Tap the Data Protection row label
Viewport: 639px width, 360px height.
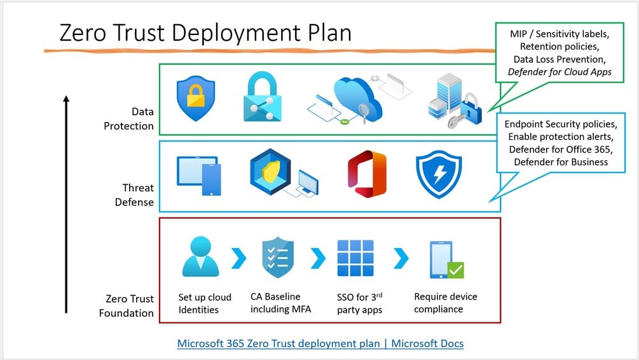click(x=129, y=119)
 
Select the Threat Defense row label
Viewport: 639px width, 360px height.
click(x=138, y=195)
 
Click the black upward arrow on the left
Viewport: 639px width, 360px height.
click(x=66, y=204)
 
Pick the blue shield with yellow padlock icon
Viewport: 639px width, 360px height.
click(x=195, y=99)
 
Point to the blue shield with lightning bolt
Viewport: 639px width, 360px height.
click(x=439, y=174)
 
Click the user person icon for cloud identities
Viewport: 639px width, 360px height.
click(x=200, y=257)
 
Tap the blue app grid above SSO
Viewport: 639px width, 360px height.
click(x=355, y=258)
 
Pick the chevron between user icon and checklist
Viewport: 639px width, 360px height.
click(x=238, y=258)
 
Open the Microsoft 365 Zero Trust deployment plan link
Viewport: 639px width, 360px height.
click(x=320, y=343)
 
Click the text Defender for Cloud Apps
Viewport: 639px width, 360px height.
click(x=560, y=72)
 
